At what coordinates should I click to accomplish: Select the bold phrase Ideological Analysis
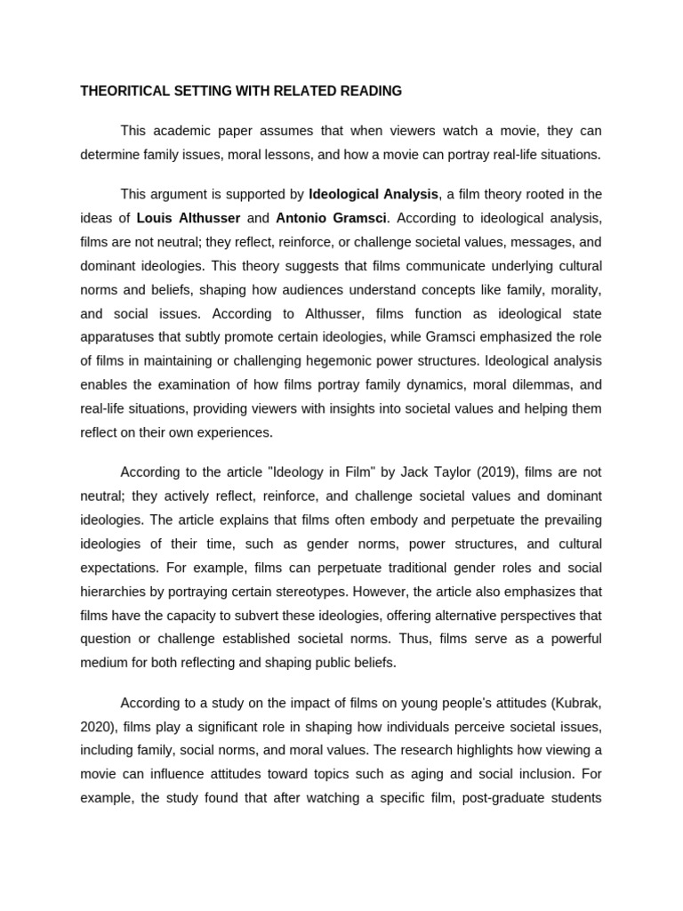click(374, 194)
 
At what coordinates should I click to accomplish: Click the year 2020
click(97, 726)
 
